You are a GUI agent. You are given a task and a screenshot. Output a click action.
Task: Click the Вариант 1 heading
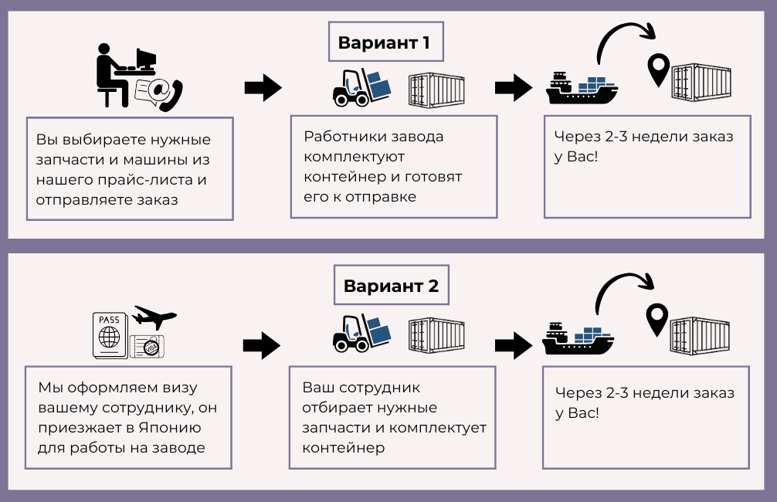[x=384, y=43]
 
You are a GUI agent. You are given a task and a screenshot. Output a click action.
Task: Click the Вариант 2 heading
[x=392, y=286]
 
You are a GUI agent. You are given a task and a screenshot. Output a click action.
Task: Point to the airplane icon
[x=154, y=317]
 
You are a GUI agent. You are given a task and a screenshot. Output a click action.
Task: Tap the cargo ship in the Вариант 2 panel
[x=580, y=337]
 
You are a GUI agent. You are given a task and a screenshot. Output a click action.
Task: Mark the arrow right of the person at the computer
[x=263, y=87]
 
